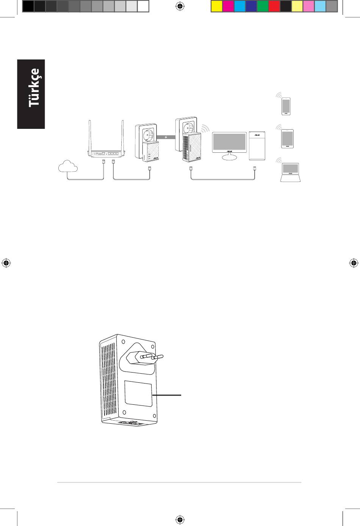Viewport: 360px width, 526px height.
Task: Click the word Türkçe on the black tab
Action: point(34,88)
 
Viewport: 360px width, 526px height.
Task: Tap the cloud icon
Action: point(68,166)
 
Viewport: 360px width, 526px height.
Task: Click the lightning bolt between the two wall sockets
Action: point(166,137)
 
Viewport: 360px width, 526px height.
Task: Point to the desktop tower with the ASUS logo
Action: point(257,146)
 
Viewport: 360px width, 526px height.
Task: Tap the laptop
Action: point(290,172)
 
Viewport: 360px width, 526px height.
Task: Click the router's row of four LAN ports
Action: point(113,154)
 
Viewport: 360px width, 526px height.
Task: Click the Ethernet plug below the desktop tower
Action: point(254,168)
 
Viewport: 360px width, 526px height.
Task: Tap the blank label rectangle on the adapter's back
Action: point(138,394)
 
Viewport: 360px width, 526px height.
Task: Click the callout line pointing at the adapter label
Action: point(167,395)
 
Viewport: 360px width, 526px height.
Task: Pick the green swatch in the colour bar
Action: point(263,6)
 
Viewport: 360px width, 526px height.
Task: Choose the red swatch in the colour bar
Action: point(274,6)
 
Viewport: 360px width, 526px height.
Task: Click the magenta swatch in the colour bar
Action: point(228,6)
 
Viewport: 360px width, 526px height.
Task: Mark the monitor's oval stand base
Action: point(229,157)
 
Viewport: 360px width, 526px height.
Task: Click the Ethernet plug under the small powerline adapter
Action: point(149,169)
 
